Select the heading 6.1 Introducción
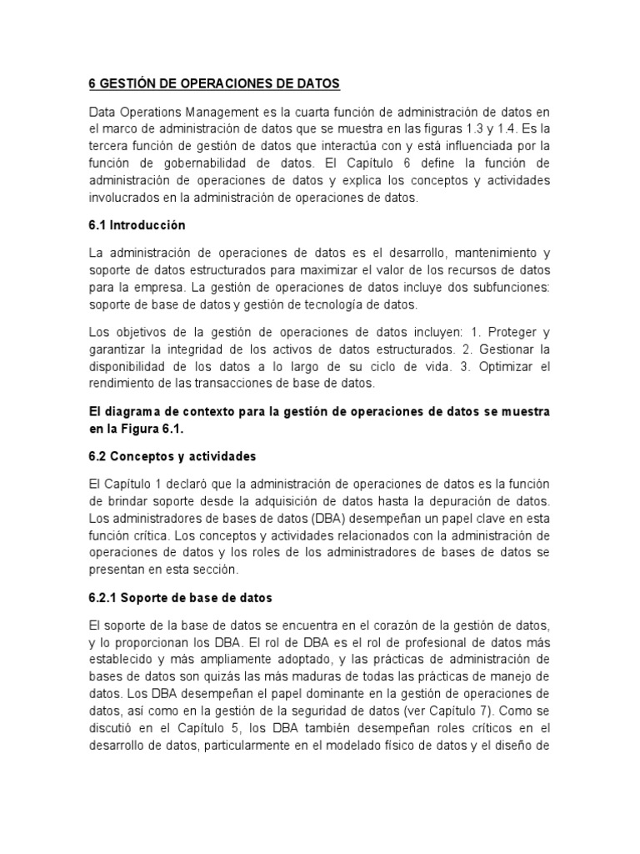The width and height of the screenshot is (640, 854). pyautogui.click(x=137, y=225)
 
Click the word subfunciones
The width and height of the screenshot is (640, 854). pyautogui.click(x=507, y=287)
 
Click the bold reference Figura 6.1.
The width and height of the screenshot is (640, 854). pyautogui.click(x=147, y=429)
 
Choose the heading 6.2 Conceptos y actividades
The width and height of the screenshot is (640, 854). pyautogui.click(x=172, y=456)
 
